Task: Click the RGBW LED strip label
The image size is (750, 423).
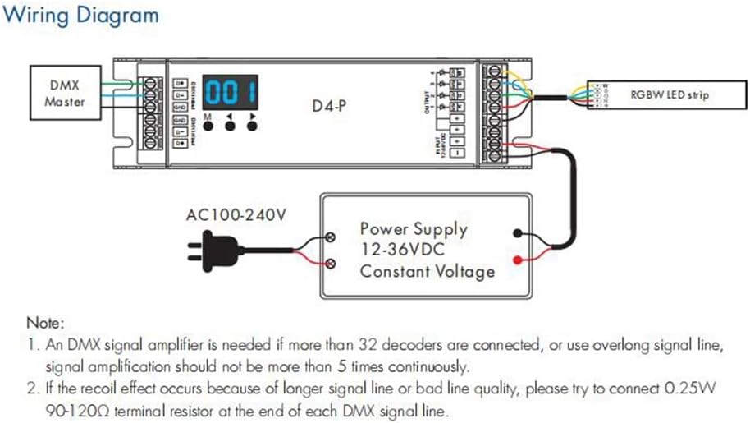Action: coord(670,95)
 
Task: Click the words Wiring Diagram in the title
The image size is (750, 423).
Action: coord(85,16)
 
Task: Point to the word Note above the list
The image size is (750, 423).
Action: coord(44,323)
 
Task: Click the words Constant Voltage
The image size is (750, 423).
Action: coord(428,271)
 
